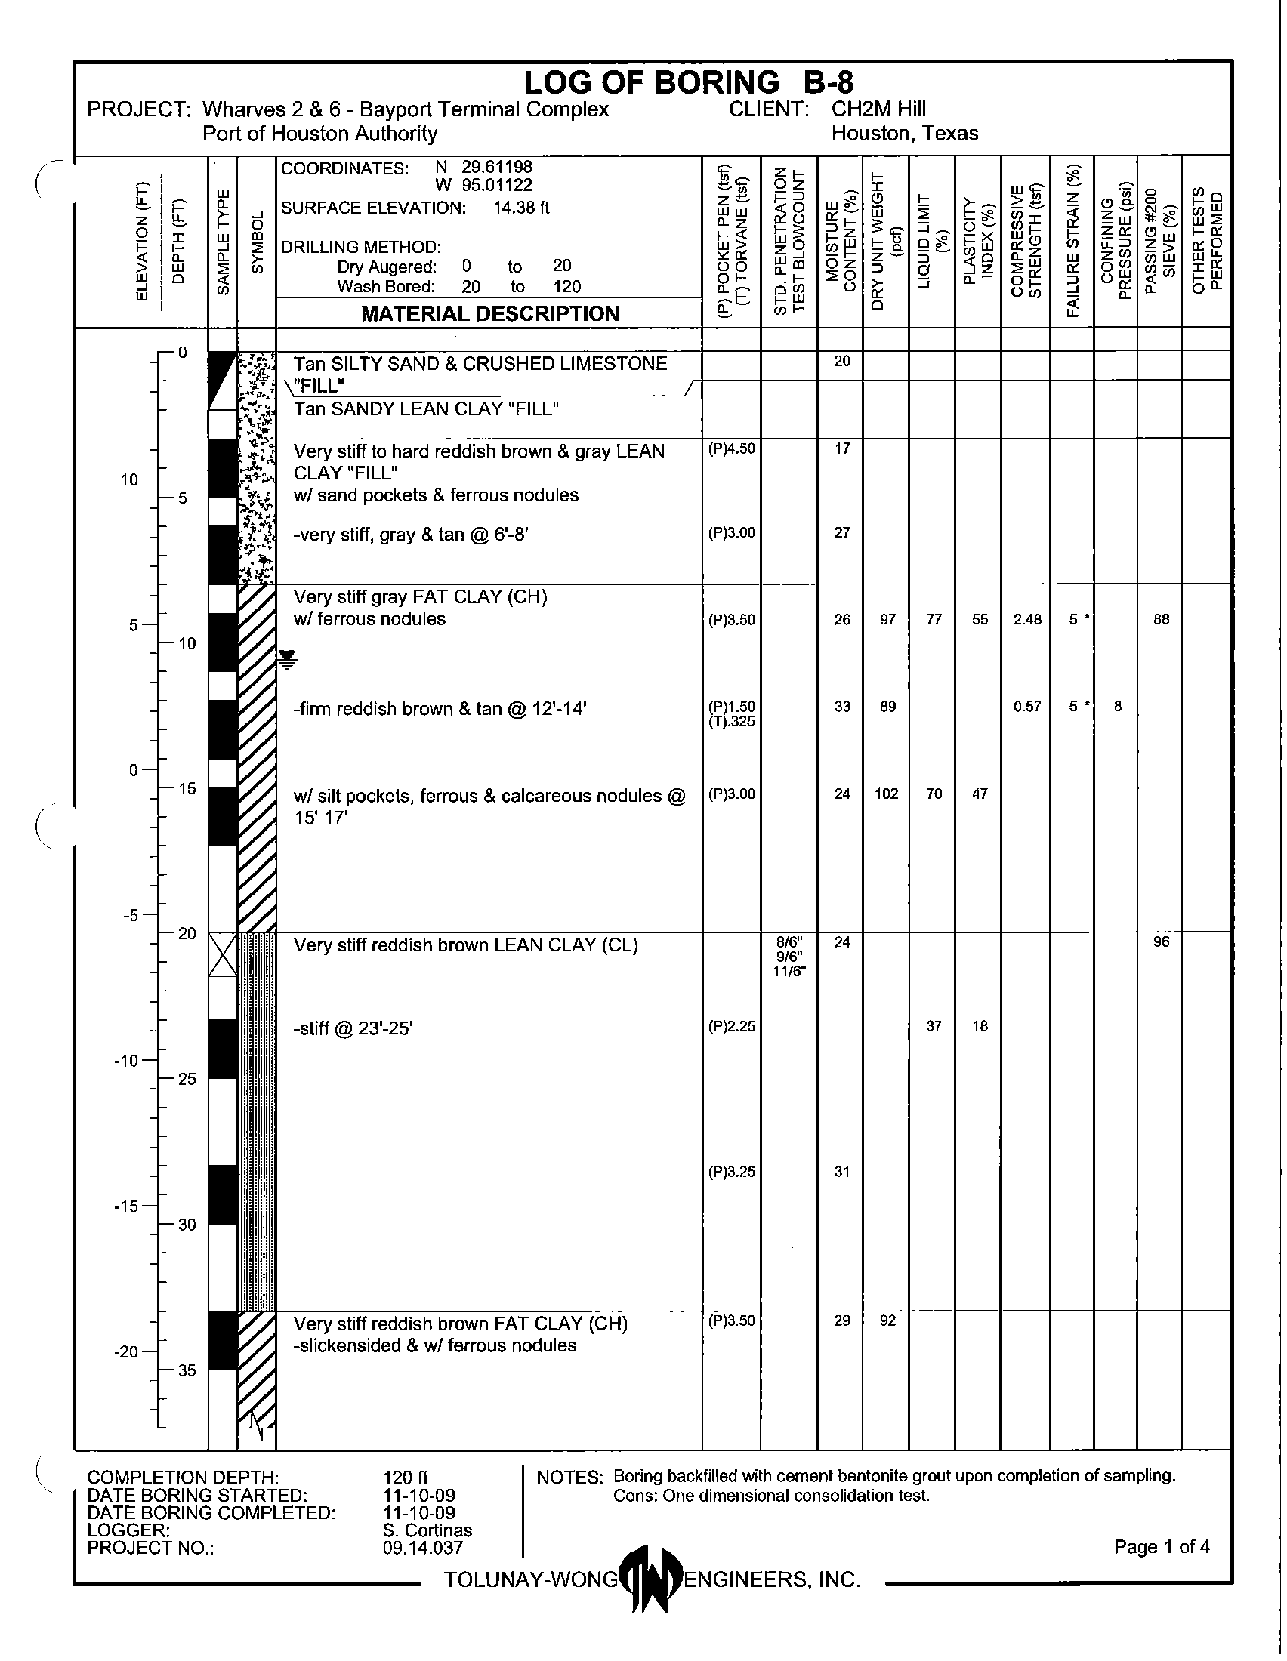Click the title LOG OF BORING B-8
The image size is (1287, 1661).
(688, 82)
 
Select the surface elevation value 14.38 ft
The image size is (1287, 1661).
(521, 208)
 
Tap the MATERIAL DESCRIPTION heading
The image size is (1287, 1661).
(490, 313)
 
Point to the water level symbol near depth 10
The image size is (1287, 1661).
(287, 658)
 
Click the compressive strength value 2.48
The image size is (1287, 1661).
(1027, 620)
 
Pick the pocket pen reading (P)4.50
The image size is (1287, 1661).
(732, 448)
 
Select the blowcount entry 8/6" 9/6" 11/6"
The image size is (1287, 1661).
(789, 956)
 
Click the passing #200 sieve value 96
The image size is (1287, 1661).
(1161, 942)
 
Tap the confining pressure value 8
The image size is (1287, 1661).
(1117, 707)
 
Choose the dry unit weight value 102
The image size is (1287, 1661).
(887, 794)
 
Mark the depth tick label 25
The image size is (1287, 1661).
(187, 1079)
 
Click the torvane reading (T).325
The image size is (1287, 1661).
(732, 721)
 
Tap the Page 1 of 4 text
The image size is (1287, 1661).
(1162, 1546)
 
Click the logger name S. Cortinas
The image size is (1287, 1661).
(427, 1530)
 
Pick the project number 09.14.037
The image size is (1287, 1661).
(423, 1547)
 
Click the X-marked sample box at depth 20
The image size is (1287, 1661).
(223, 954)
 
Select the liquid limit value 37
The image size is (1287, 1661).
(934, 1027)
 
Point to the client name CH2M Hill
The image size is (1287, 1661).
(878, 109)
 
